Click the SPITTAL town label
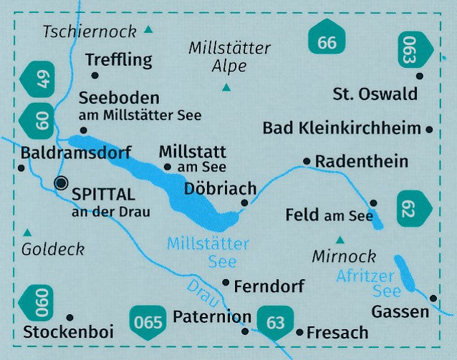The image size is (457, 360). coord(103,194)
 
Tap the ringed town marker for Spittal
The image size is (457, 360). coord(62,183)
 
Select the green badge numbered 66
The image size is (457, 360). coord(327,42)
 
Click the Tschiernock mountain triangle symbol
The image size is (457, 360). coord(148,30)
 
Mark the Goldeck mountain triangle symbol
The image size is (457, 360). coord(28,232)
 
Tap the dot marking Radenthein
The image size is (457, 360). coord(307,161)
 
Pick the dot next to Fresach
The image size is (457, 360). coord(299,332)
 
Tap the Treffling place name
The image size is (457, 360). coord(119,60)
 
